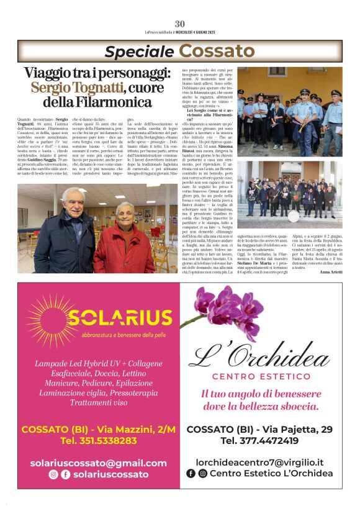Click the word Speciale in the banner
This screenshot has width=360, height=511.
138,52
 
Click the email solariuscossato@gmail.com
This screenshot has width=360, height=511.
98,463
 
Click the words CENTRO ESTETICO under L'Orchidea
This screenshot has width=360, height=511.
261,377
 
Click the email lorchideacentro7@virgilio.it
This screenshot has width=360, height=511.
259,463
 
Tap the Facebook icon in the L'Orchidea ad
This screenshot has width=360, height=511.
191,474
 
